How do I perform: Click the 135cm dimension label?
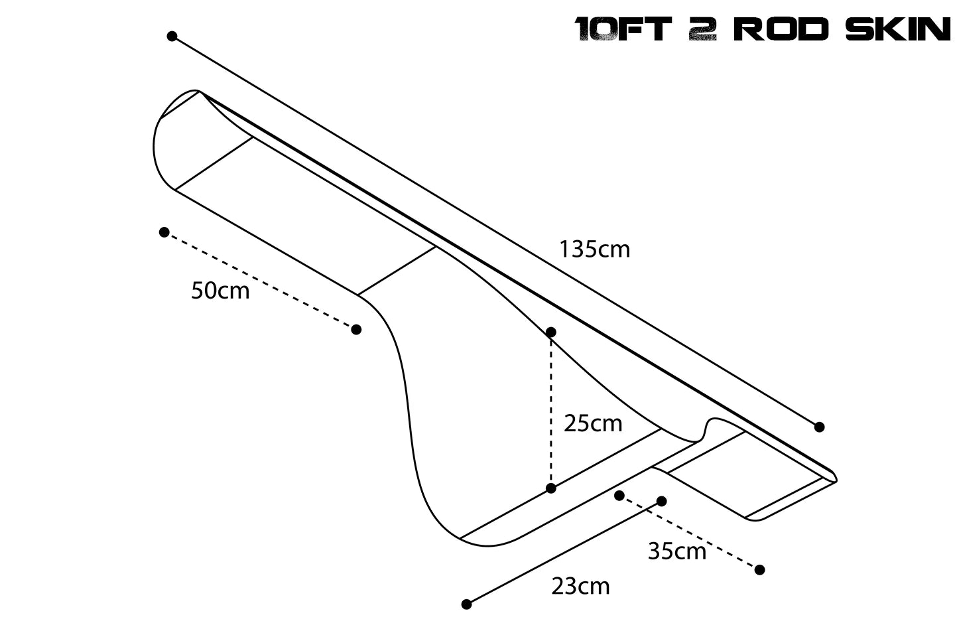click(x=594, y=249)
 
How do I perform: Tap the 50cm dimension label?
click(x=220, y=291)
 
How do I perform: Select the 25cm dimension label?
click(x=593, y=423)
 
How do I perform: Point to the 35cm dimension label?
click(x=677, y=551)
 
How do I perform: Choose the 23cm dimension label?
click(x=580, y=587)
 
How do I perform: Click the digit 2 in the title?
click(x=702, y=30)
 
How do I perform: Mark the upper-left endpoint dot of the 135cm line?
click(x=172, y=36)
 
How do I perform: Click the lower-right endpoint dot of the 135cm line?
click(x=819, y=427)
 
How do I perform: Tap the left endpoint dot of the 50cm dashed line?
click(x=164, y=232)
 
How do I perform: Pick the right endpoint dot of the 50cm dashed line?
click(x=356, y=329)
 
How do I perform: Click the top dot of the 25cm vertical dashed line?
click(x=550, y=332)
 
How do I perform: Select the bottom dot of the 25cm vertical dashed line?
click(x=550, y=488)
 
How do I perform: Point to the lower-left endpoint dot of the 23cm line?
click(x=466, y=604)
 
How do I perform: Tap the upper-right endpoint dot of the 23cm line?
click(x=661, y=501)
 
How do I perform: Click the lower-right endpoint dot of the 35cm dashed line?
click(x=760, y=569)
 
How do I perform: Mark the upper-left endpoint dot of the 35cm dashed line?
click(x=619, y=495)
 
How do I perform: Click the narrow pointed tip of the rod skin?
click(x=834, y=477)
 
